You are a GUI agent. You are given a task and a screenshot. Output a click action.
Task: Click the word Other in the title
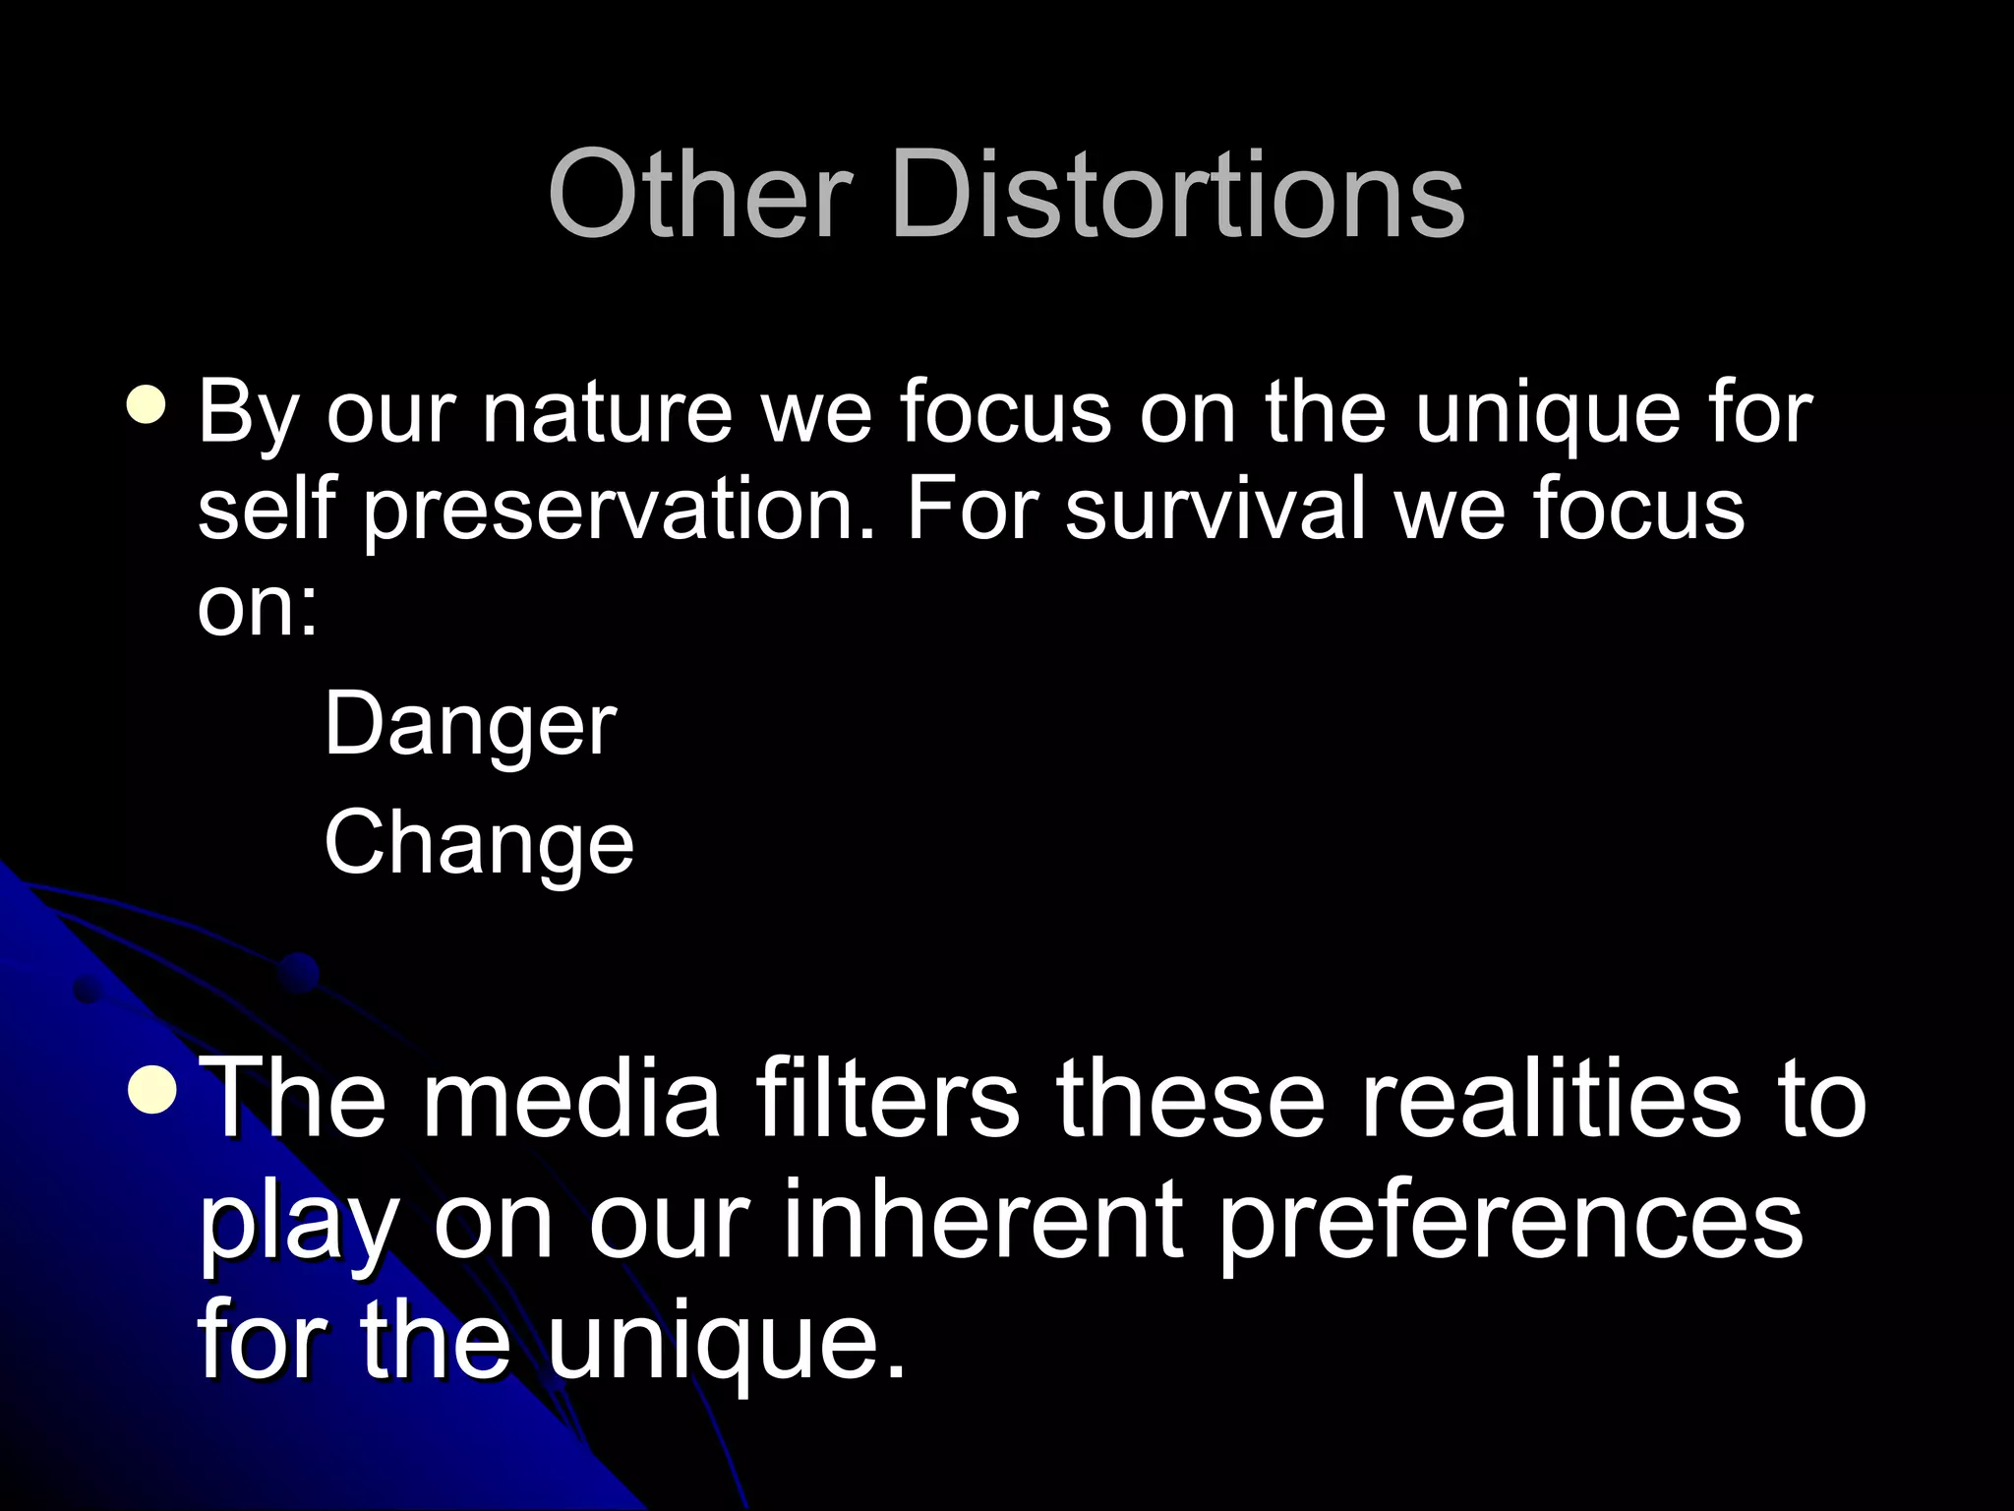(x=699, y=194)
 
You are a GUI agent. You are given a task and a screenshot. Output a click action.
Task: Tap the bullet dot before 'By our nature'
(x=147, y=404)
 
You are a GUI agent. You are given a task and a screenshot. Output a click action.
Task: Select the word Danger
(x=470, y=726)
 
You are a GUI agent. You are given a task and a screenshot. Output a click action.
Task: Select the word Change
(x=479, y=844)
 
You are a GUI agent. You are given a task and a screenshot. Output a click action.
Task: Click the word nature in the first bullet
(x=607, y=413)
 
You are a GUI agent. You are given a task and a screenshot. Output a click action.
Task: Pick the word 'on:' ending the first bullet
(x=258, y=608)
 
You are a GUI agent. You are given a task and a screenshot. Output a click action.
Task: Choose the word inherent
(x=982, y=1220)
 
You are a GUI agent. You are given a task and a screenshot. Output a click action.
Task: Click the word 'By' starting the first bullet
(x=248, y=415)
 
